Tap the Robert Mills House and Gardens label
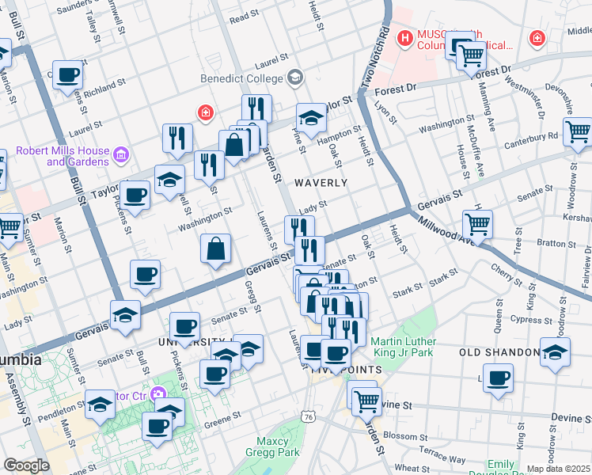tap(78, 155)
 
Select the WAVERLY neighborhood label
tap(321, 183)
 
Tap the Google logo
tap(26, 465)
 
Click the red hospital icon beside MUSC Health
tap(406, 37)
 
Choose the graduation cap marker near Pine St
tap(312, 118)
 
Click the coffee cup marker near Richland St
tap(68, 75)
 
